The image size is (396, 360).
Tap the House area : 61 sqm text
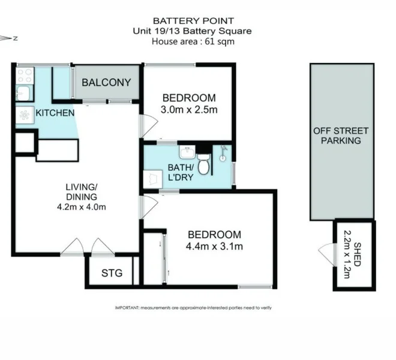(x=193, y=41)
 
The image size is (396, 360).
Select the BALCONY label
(x=106, y=83)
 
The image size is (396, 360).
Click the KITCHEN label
(x=55, y=113)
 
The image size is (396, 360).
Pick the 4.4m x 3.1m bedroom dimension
(x=214, y=245)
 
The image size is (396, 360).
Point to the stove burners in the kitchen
(x=25, y=75)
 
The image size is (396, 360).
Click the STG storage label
(x=112, y=274)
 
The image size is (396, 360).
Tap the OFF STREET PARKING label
(x=341, y=136)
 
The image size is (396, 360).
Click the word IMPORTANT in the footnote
(x=127, y=308)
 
